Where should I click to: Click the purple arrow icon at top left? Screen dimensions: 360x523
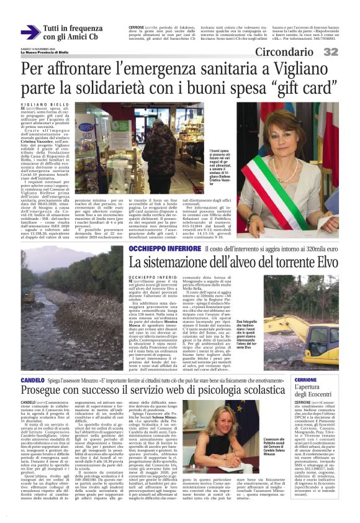point(29,33)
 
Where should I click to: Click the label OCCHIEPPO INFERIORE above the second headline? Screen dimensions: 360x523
point(164,248)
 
